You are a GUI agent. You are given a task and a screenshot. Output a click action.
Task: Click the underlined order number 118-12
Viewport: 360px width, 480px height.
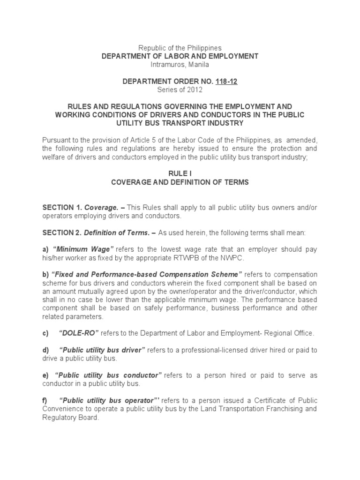(x=227, y=82)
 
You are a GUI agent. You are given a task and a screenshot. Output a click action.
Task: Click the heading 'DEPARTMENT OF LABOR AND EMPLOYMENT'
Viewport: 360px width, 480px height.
(x=180, y=56)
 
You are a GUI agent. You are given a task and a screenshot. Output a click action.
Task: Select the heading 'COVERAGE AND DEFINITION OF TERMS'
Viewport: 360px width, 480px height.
(x=180, y=182)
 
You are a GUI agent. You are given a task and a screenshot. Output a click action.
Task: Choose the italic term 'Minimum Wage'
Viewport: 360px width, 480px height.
(x=82, y=249)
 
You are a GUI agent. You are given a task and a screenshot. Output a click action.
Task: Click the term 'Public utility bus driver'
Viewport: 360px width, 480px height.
(x=103, y=350)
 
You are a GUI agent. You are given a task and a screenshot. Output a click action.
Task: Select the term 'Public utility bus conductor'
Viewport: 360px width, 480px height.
(x=108, y=375)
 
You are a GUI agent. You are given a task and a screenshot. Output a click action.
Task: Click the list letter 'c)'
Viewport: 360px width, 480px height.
(x=45, y=333)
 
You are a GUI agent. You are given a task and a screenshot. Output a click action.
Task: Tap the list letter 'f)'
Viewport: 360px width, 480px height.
(x=45, y=400)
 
